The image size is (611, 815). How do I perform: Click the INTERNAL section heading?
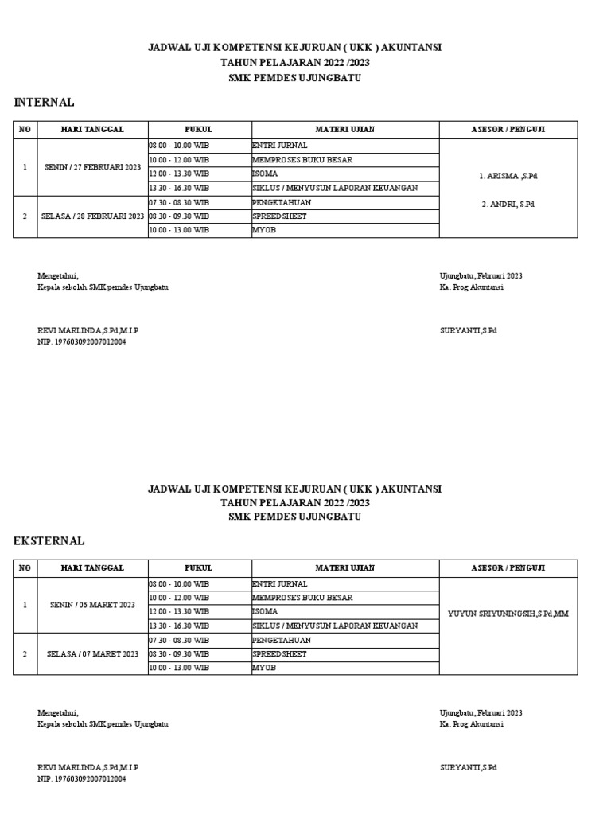click(x=45, y=103)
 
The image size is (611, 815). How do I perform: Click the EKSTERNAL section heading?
click(x=49, y=541)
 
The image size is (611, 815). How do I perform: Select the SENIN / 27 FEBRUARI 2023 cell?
click(x=92, y=167)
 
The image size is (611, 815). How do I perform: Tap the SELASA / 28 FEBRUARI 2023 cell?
click(x=92, y=216)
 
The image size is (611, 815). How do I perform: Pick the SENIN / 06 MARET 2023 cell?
click(x=92, y=605)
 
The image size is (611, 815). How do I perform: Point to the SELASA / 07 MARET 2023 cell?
click(x=92, y=653)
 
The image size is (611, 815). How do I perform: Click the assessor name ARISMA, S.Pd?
click(x=509, y=175)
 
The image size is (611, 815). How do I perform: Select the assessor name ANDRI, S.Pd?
click(x=508, y=205)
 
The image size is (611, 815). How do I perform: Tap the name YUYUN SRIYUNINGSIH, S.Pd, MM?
click(x=508, y=613)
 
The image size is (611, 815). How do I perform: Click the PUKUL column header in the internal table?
click(x=198, y=129)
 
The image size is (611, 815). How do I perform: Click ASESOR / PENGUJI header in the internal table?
click(x=508, y=129)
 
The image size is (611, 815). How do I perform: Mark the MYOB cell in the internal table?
click(x=263, y=230)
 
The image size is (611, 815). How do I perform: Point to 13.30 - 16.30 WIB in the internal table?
click(x=179, y=188)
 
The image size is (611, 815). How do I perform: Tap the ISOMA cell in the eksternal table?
click(x=265, y=612)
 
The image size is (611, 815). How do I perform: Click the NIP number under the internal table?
click(x=82, y=341)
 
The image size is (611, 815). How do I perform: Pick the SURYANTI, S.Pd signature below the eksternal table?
click(x=468, y=768)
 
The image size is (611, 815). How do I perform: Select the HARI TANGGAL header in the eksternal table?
click(x=92, y=567)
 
